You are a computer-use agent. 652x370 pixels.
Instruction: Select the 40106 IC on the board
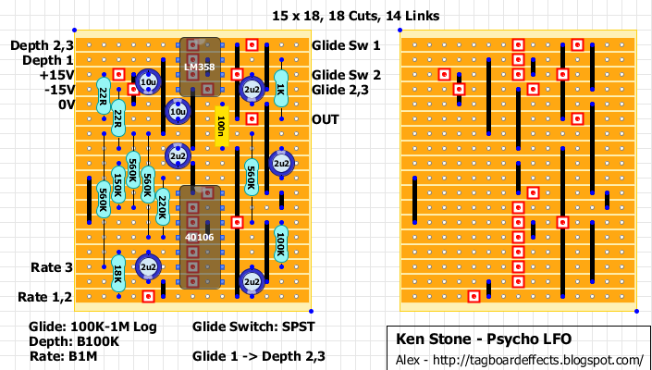[x=200, y=237]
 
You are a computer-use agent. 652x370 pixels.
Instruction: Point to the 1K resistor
[x=280, y=90]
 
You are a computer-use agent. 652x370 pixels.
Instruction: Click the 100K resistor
[x=280, y=244]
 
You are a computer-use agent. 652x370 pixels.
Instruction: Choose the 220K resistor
[x=162, y=206]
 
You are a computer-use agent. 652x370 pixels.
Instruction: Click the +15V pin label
[x=48, y=75]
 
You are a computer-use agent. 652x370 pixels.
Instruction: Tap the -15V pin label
[x=49, y=90]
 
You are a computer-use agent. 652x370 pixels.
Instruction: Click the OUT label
[x=326, y=119]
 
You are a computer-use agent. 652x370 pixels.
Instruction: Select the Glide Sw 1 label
[x=346, y=45]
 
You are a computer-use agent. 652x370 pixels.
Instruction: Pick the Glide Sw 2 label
[x=346, y=75]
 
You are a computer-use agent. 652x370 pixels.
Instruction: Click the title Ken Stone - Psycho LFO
[x=469, y=339]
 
